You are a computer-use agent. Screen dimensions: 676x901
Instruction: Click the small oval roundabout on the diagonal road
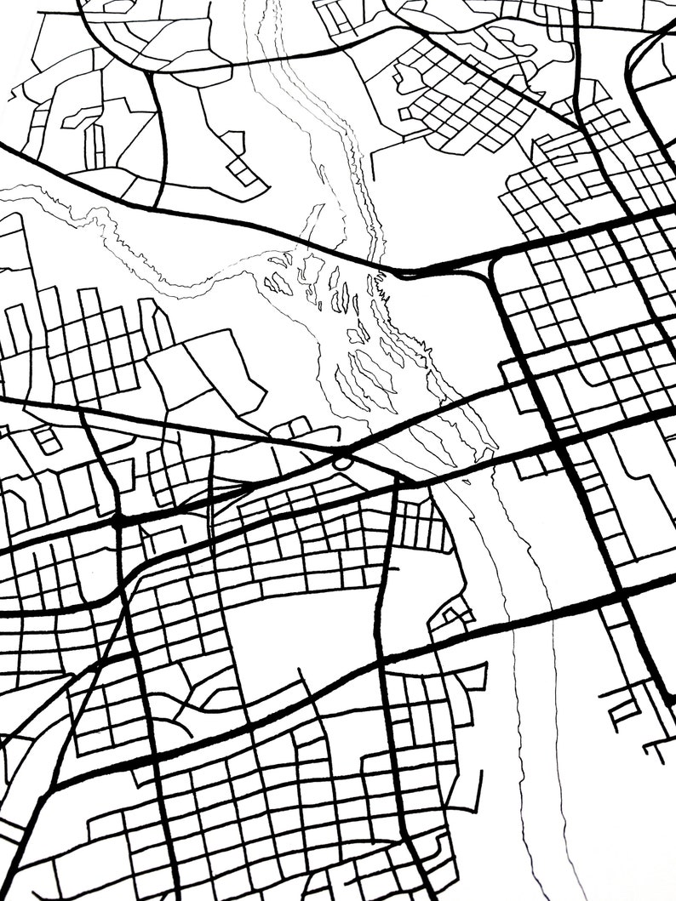342,461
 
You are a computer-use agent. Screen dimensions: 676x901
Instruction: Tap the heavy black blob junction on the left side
118,519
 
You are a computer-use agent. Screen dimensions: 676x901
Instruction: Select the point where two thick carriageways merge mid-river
400,273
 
